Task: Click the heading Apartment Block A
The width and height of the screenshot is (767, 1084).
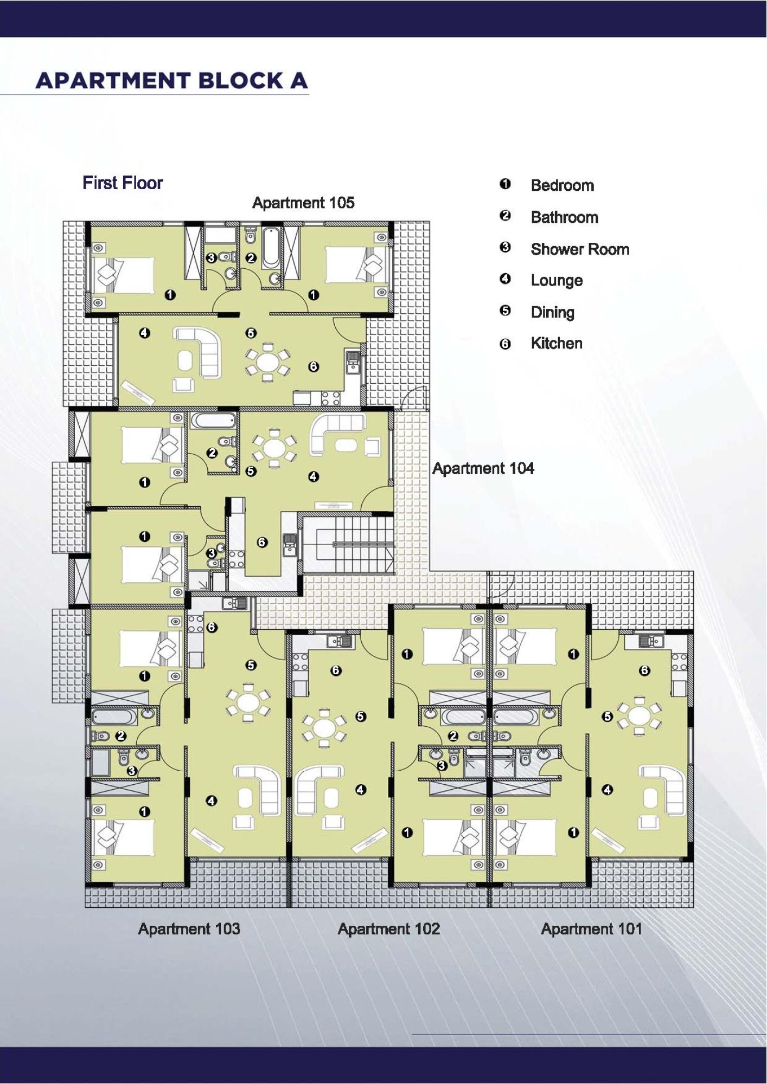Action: point(172,81)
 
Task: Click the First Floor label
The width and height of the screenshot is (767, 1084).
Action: point(123,183)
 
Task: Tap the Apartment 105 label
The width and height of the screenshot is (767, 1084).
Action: point(303,203)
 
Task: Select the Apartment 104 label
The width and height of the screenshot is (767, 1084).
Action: point(483,468)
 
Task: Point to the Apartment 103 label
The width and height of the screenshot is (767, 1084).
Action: point(189,928)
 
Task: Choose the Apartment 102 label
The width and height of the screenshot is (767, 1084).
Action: point(388,928)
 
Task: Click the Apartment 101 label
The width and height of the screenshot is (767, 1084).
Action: point(591,928)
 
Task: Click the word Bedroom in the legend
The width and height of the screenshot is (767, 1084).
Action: point(563,185)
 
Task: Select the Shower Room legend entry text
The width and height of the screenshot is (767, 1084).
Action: point(580,249)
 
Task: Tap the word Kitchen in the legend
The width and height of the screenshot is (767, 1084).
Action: point(557,343)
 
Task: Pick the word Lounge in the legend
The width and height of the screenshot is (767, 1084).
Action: point(557,280)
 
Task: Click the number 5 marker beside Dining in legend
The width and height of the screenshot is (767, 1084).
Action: point(505,311)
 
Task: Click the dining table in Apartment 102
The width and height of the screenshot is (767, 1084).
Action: point(324,726)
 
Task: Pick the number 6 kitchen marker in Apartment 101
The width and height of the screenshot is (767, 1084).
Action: point(644,670)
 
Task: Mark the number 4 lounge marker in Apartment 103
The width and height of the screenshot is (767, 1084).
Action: point(212,801)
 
